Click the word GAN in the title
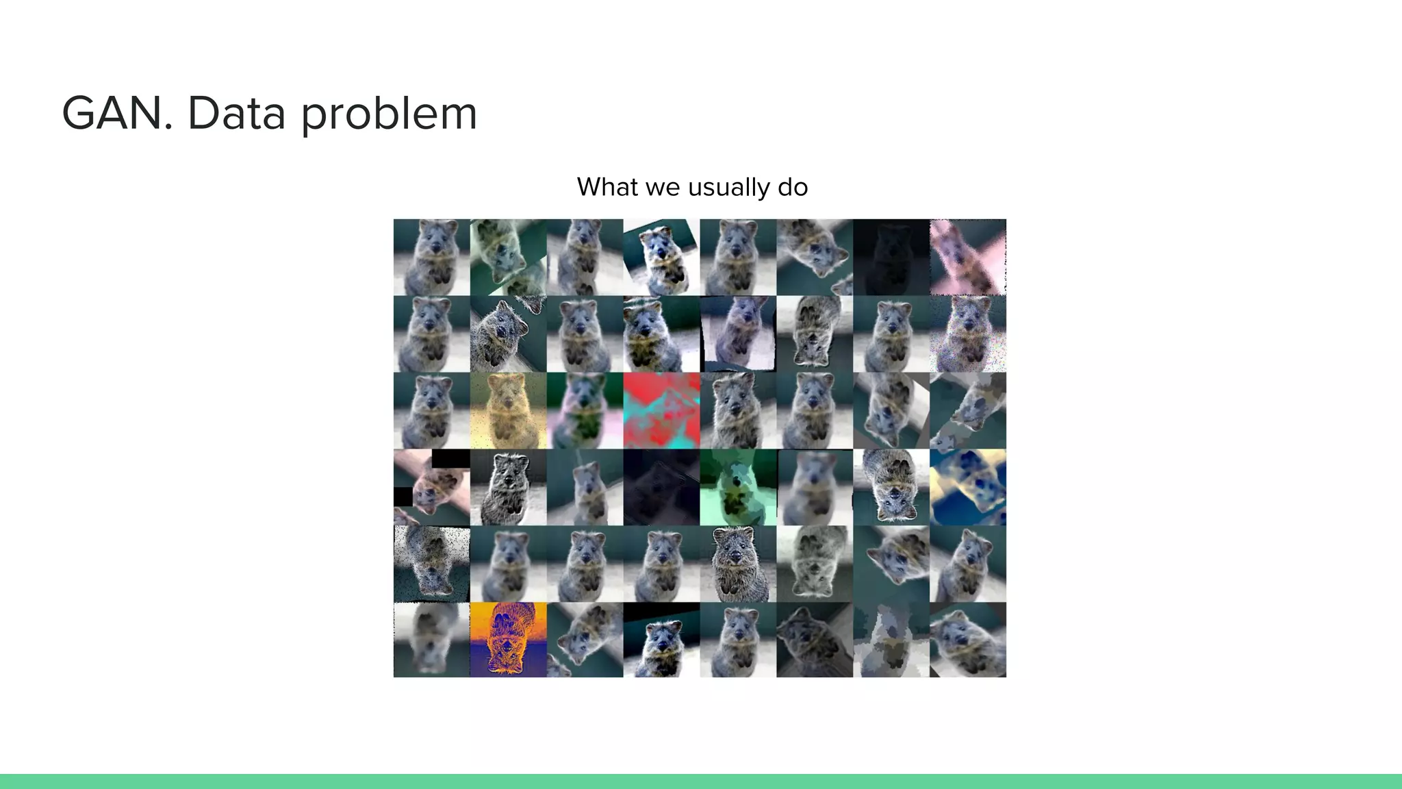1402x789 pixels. [116, 114]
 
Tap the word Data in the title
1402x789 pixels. [236, 114]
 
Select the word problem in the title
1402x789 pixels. [389, 115]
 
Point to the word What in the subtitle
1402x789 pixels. [607, 187]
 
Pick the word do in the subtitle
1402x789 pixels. [793, 187]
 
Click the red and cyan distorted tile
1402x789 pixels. [661, 410]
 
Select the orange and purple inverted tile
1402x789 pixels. [508, 640]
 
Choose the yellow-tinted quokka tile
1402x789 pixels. [508, 410]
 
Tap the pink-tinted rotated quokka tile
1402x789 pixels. [968, 257]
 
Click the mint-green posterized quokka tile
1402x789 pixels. [738, 487]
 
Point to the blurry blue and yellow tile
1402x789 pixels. [968, 487]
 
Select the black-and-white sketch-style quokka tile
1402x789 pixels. [508, 487]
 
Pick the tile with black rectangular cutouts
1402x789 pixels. [431, 487]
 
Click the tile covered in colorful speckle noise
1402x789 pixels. [968, 334]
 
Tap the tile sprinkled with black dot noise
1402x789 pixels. [431, 564]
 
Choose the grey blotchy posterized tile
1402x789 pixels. [891, 640]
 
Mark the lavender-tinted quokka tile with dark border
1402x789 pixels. [738, 334]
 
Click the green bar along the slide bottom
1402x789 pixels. [701, 781]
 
